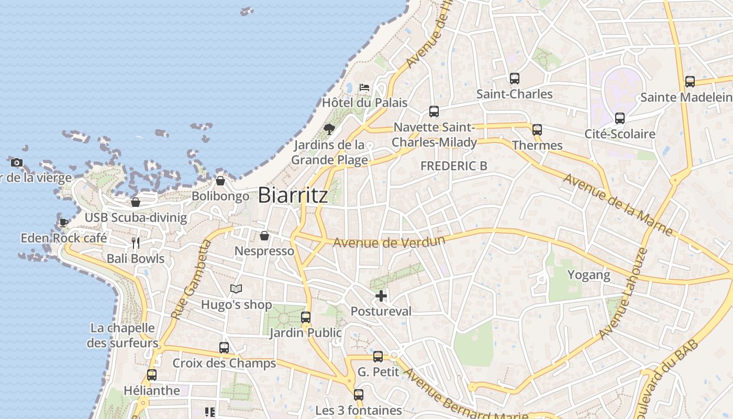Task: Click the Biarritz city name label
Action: click(293, 195)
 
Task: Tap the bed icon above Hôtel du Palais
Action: click(364, 87)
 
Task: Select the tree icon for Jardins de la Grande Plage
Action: click(329, 129)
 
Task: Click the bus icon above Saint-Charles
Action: click(515, 79)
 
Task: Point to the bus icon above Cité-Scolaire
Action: click(620, 118)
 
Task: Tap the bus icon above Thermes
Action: click(537, 130)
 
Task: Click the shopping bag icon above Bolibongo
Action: click(220, 181)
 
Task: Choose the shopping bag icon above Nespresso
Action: click(264, 236)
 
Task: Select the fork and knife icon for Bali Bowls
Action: click(136, 243)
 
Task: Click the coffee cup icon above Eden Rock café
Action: click(64, 223)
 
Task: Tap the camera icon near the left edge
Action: click(17, 162)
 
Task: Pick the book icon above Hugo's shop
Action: click(237, 289)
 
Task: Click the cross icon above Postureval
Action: click(381, 296)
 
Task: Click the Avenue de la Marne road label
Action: click(618, 204)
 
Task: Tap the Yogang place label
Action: click(589, 275)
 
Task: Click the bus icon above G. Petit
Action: click(378, 357)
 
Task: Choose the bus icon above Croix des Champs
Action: click(224, 348)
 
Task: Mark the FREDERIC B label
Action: click(454, 166)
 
